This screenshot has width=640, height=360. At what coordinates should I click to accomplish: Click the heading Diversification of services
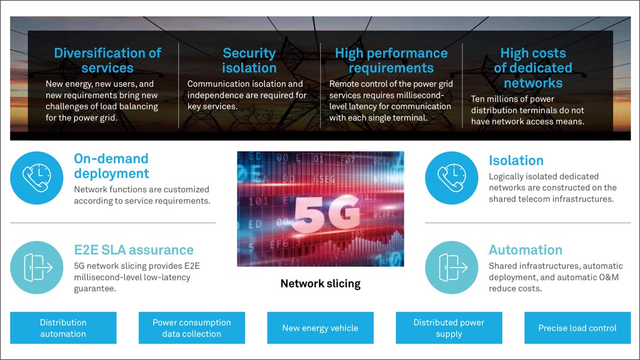coord(107,60)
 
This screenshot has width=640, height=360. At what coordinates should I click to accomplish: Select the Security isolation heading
coord(249,60)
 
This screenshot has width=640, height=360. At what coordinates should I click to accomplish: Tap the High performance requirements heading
coord(391,60)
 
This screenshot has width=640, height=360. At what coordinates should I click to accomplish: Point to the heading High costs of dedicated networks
coord(533,68)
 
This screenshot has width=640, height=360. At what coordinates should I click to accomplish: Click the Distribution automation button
coord(63,328)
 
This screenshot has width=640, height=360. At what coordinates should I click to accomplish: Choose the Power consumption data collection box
coord(191,328)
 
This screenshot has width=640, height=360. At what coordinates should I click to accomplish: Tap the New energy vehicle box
coord(320,328)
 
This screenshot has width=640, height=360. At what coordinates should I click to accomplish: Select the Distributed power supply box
coord(449,328)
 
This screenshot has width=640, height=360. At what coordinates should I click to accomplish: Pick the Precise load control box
coord(577,328)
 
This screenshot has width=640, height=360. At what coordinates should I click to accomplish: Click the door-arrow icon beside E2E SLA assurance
coord(37,267)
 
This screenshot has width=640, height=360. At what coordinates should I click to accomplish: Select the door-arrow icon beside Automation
coord(452,267)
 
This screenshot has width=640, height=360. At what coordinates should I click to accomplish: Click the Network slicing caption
coord(320,284)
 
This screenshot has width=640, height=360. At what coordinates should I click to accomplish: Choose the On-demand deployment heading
coord(111,166)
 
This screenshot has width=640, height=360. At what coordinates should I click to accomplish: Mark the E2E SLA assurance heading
coord(133,250)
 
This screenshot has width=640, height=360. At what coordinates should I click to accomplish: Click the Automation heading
coord(525,250)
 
